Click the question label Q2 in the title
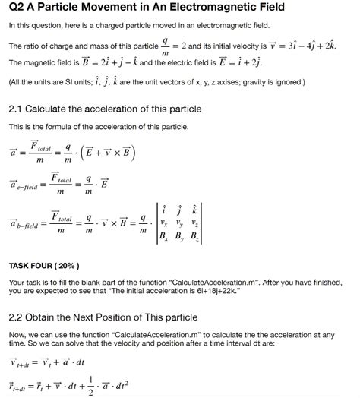(x=17, y=8)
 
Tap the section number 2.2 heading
(x=17, y=317)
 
